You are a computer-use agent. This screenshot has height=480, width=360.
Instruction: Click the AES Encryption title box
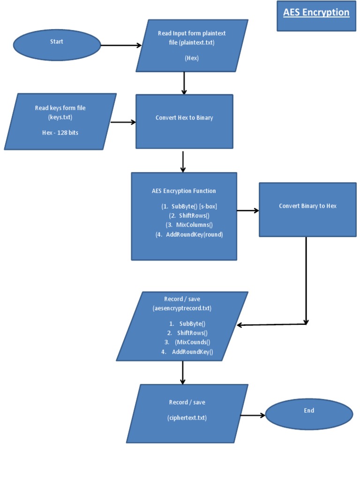point(316,15)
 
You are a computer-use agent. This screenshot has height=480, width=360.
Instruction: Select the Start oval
point(57,45)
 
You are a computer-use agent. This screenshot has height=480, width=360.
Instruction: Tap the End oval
point(309,414)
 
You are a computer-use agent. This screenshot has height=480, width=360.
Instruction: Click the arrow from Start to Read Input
point(121,45)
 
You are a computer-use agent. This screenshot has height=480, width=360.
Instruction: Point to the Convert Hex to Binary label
point(184,118)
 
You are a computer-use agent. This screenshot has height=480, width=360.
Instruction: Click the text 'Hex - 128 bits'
point(60,133)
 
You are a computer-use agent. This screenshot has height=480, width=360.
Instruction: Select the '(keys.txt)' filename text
point(60,117)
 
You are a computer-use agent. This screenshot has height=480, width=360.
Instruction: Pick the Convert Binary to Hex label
point(307,206)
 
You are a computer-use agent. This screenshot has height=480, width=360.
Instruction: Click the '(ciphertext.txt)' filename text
point(187,418)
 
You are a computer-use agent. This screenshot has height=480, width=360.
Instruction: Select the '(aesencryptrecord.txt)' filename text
point(182,308)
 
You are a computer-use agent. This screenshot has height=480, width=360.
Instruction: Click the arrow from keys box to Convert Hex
point(123,122)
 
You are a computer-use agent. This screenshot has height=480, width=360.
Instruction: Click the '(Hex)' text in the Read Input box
point(192,58)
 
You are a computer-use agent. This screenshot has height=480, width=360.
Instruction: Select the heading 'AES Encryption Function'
point(184,191)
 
